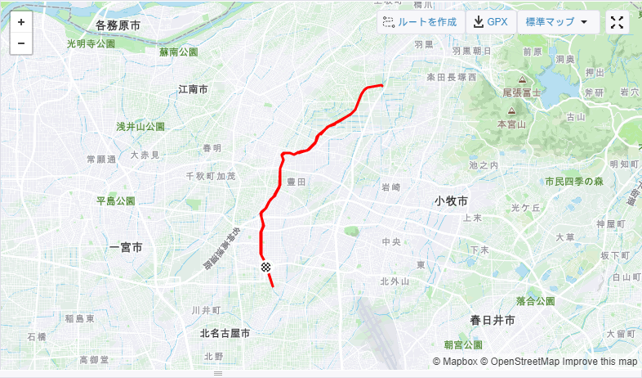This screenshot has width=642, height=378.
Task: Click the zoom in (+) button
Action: pyautogui.click(x=21, y=23)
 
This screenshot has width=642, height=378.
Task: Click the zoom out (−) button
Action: pyautogui.click(x=21, y=43)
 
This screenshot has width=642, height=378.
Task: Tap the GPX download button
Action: pyautogui.click(x=490, y=23)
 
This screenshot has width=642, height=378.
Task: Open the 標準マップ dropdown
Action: pyautogui.click(x=558, y=23)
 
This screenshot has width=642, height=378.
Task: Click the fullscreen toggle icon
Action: pyautogui.click(x=617, y=23)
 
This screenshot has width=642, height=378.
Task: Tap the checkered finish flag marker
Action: pyautogui.click(x=265, y=268)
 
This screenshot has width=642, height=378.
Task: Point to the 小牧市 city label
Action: pyautogui.click(x=451, y=201)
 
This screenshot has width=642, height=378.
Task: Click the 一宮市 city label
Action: pyautogui.click(x=126, y=247)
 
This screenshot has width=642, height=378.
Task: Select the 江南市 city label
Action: pyautogui.click(x=193, y=89)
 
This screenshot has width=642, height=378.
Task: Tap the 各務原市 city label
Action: pyautogui.click(x=118, y=26)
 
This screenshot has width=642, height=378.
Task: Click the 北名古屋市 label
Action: pyautogui.click(x=225, y=334)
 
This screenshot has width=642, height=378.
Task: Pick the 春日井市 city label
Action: pyautogui.click(x=493, y=320)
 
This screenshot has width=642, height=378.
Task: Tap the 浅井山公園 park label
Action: pyautogui.click(x=140, y=127)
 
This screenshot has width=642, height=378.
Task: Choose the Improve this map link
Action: pyautogui.click(x=600, y=362)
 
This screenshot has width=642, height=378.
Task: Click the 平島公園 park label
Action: pyautogui.click(x=115, y=201)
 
